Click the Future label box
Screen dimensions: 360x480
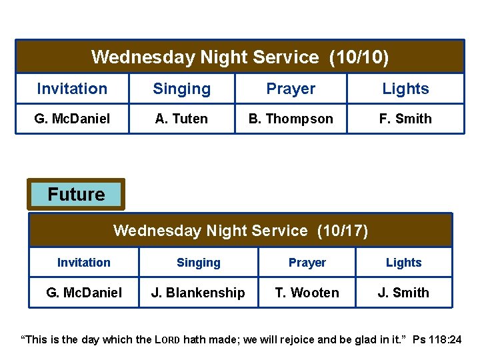pos(76,195)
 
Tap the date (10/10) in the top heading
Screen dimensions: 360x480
pos(359,57)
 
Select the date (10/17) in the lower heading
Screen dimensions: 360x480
pos(342,231)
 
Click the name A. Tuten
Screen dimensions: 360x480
pos(181,119)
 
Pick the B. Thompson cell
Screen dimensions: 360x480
pos(291,119)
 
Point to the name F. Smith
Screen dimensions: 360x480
pos(405,119)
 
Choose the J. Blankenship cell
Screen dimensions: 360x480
pos(198,293)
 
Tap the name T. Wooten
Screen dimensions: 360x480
pos(307,293)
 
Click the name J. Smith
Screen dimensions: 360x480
pos(403,293)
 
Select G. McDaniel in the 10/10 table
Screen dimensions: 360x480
pos(72,119)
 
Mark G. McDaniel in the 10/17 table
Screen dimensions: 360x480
pos(84,293)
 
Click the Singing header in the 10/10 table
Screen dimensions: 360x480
pos(181,89)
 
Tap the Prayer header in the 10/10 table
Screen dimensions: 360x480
pos(291,89)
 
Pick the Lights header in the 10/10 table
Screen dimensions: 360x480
pos(405,89)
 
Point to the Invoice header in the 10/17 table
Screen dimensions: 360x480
pos(84,263)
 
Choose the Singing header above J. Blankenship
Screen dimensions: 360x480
pos(198,263)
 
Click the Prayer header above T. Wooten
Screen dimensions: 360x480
pos(307,263)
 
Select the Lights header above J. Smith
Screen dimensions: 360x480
pos(403,263)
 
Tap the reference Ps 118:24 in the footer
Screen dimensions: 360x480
pos(437,340)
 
